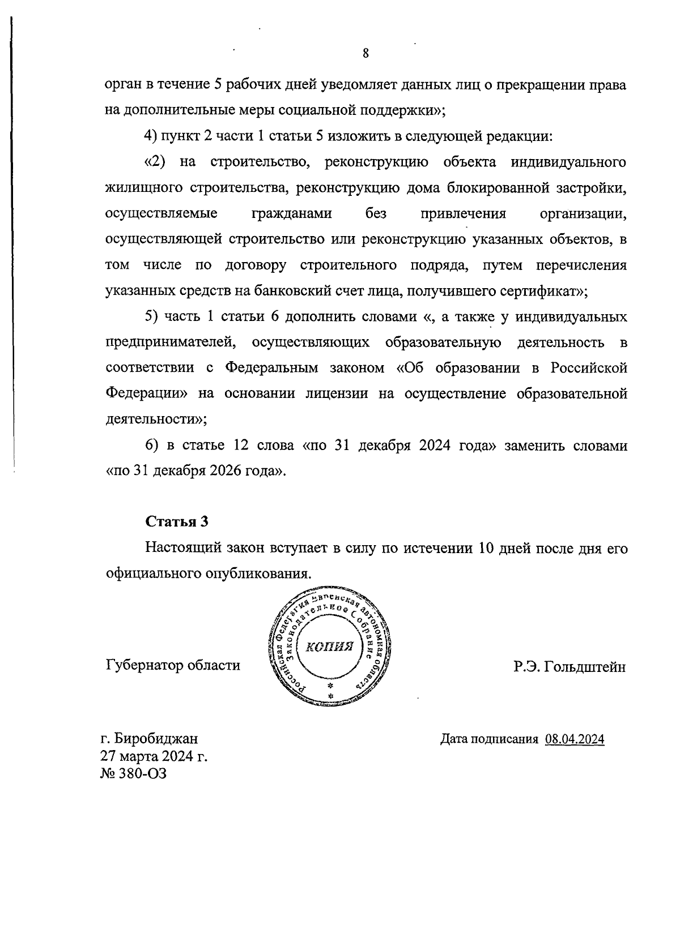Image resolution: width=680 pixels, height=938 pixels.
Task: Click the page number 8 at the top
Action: [365, 53]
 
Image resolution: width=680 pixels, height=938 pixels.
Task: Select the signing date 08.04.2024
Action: [575, 739]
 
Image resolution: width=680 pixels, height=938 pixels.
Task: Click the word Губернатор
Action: [144, 665]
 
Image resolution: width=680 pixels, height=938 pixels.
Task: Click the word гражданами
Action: [291, 213]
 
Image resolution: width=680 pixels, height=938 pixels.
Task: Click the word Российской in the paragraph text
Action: [589, 368]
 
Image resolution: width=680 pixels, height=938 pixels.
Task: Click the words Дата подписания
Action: [488, 739]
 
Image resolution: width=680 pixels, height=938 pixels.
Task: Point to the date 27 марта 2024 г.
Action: [154, 756]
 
